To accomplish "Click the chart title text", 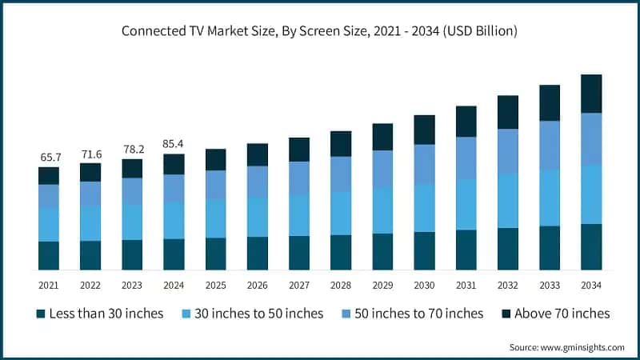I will tap(320, 32).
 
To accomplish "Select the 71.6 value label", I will tap(90, 154).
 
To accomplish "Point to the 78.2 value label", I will tap(132, 150).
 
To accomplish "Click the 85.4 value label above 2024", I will tap(174, 145).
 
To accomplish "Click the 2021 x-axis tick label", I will tap(49, 285).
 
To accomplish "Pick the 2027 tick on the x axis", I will tap(299, 285).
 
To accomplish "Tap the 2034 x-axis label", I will tap(591, 285).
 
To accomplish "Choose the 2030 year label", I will tap(424, 285).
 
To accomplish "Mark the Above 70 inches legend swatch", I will tap(506, 314).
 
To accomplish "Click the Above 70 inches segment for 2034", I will tap(591, 94).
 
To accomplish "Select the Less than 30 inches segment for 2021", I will tap(49, 255).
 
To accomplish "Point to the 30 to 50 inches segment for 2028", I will tap(341, 213).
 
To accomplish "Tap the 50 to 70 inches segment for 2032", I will tap(507, 151).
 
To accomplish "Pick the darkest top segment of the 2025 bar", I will tap(215, 159).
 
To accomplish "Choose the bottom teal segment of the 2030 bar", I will tap(424, 250).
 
